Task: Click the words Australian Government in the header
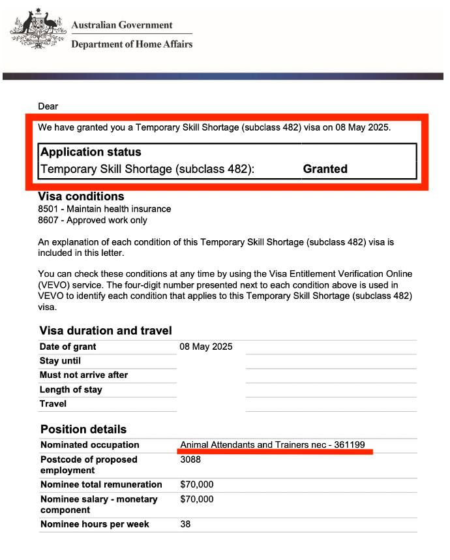coord(122,25)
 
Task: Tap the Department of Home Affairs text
coord(132,44)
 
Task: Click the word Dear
coord(48,106)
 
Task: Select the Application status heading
coord(91,152)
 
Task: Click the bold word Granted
coord(325,169)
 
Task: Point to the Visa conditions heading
coord(82,196)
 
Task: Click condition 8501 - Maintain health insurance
coord(104,210)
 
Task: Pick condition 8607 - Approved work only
coord(93,221)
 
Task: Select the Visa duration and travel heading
coord(106,331)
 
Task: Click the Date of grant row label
coord(68,347)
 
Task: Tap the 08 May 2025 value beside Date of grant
coord(206,347)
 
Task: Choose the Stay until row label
coord(61,361)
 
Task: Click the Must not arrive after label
coord(83,375)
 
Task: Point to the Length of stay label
coord(70,390)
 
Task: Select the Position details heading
coord(83,429)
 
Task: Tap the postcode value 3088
coord(190,459)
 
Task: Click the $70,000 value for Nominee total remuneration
coord(197,484)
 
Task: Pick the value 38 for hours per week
coord(185,524)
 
